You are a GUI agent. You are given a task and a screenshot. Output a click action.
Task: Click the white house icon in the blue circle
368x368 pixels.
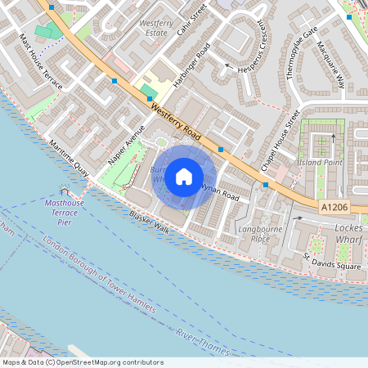184,176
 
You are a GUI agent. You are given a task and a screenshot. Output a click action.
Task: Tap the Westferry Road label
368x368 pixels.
176,119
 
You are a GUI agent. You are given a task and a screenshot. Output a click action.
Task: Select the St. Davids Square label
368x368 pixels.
331,264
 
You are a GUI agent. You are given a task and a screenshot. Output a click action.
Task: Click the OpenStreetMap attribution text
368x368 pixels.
81,362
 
